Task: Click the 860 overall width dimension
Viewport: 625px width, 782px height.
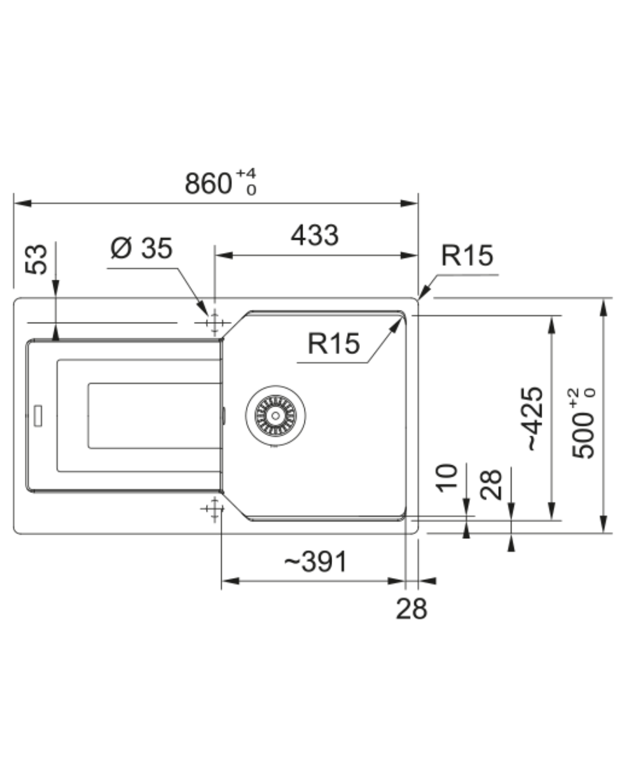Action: (x=208, y=184)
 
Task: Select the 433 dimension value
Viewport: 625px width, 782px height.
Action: (x=314, y=235)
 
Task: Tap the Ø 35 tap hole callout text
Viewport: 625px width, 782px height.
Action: (x=141, y=248)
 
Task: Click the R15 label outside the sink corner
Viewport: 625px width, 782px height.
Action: (x=466, y=255)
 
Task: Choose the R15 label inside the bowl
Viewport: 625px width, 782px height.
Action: (x=333, y=344)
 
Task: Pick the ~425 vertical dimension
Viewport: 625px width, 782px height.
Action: (x=534, y=418)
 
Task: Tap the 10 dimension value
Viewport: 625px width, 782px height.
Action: (x=447, y=478)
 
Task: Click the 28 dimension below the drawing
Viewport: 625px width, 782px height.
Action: (x=411, y=608)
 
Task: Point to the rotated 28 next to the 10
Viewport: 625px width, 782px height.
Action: (x=491, y=484)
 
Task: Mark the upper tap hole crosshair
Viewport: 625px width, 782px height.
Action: (x=215, y=322)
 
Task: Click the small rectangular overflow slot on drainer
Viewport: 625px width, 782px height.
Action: (x=38, y=415)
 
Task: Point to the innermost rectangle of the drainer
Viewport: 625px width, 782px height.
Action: (x=154, y=415)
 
